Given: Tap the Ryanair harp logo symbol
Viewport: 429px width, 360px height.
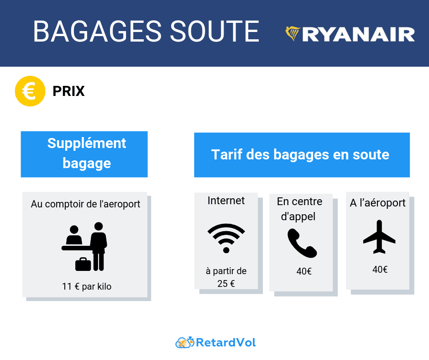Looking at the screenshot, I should click(x=293, y=34).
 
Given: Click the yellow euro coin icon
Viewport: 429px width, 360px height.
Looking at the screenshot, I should click(x=30, y=91).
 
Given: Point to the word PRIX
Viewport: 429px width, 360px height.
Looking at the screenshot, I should click(x=68, y=91).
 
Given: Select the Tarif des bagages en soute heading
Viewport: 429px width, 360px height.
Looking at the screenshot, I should click(x=300, y=154).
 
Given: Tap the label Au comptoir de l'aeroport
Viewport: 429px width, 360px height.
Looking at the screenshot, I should click(x=85, y=204).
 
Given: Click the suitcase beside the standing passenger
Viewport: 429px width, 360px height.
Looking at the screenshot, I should click(x=83, y=264).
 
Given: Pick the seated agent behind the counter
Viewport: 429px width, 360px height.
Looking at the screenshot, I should click(x=73, y=236).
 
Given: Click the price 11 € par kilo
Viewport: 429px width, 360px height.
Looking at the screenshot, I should click(x=87, y=287).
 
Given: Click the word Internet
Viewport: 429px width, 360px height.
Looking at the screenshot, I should click(x=226, y=201).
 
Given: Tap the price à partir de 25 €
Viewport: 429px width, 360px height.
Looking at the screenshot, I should click(x=226, y=277).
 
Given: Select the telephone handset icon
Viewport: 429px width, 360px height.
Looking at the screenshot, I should click(x=302, y=243).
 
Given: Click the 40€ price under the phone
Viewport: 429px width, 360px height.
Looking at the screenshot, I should click(x=304, y=271).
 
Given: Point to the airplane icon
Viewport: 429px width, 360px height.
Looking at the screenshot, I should click(x=379, y=237).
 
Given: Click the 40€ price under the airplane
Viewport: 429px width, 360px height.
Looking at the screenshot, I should click(x=380, y=270).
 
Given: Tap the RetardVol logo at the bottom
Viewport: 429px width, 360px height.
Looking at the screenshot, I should click(x=215, y=342).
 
